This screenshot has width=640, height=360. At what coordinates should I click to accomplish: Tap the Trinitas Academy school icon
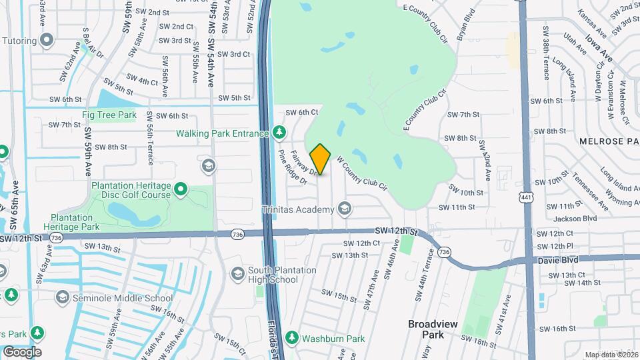click(344, 210)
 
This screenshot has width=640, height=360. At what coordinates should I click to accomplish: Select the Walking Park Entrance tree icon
click(280, 133)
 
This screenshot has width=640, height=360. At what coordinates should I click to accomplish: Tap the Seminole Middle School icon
click(63, 297)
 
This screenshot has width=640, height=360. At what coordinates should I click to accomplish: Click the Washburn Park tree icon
click(292, 338)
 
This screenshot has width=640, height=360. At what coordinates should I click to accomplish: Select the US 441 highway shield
click(527, 197)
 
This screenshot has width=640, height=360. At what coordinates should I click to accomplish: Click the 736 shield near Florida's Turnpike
click(237, 235)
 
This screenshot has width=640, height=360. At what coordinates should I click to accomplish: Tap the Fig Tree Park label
click(109, 115)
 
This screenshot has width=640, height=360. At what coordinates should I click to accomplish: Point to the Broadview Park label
click(433, 329)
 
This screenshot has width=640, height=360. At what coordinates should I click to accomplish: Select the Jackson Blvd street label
click(575, 218)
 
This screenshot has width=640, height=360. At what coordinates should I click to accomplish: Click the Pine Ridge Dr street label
click(292, 167)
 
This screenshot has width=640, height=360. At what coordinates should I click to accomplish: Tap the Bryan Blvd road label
click(467, 25)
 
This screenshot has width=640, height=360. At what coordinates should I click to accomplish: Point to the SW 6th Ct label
click(302, 113)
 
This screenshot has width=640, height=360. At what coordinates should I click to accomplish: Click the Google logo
click(22, 351)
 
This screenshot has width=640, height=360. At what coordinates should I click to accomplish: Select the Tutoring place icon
click(47, 40)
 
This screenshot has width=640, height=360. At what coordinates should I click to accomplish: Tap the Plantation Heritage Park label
click(73, 222)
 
